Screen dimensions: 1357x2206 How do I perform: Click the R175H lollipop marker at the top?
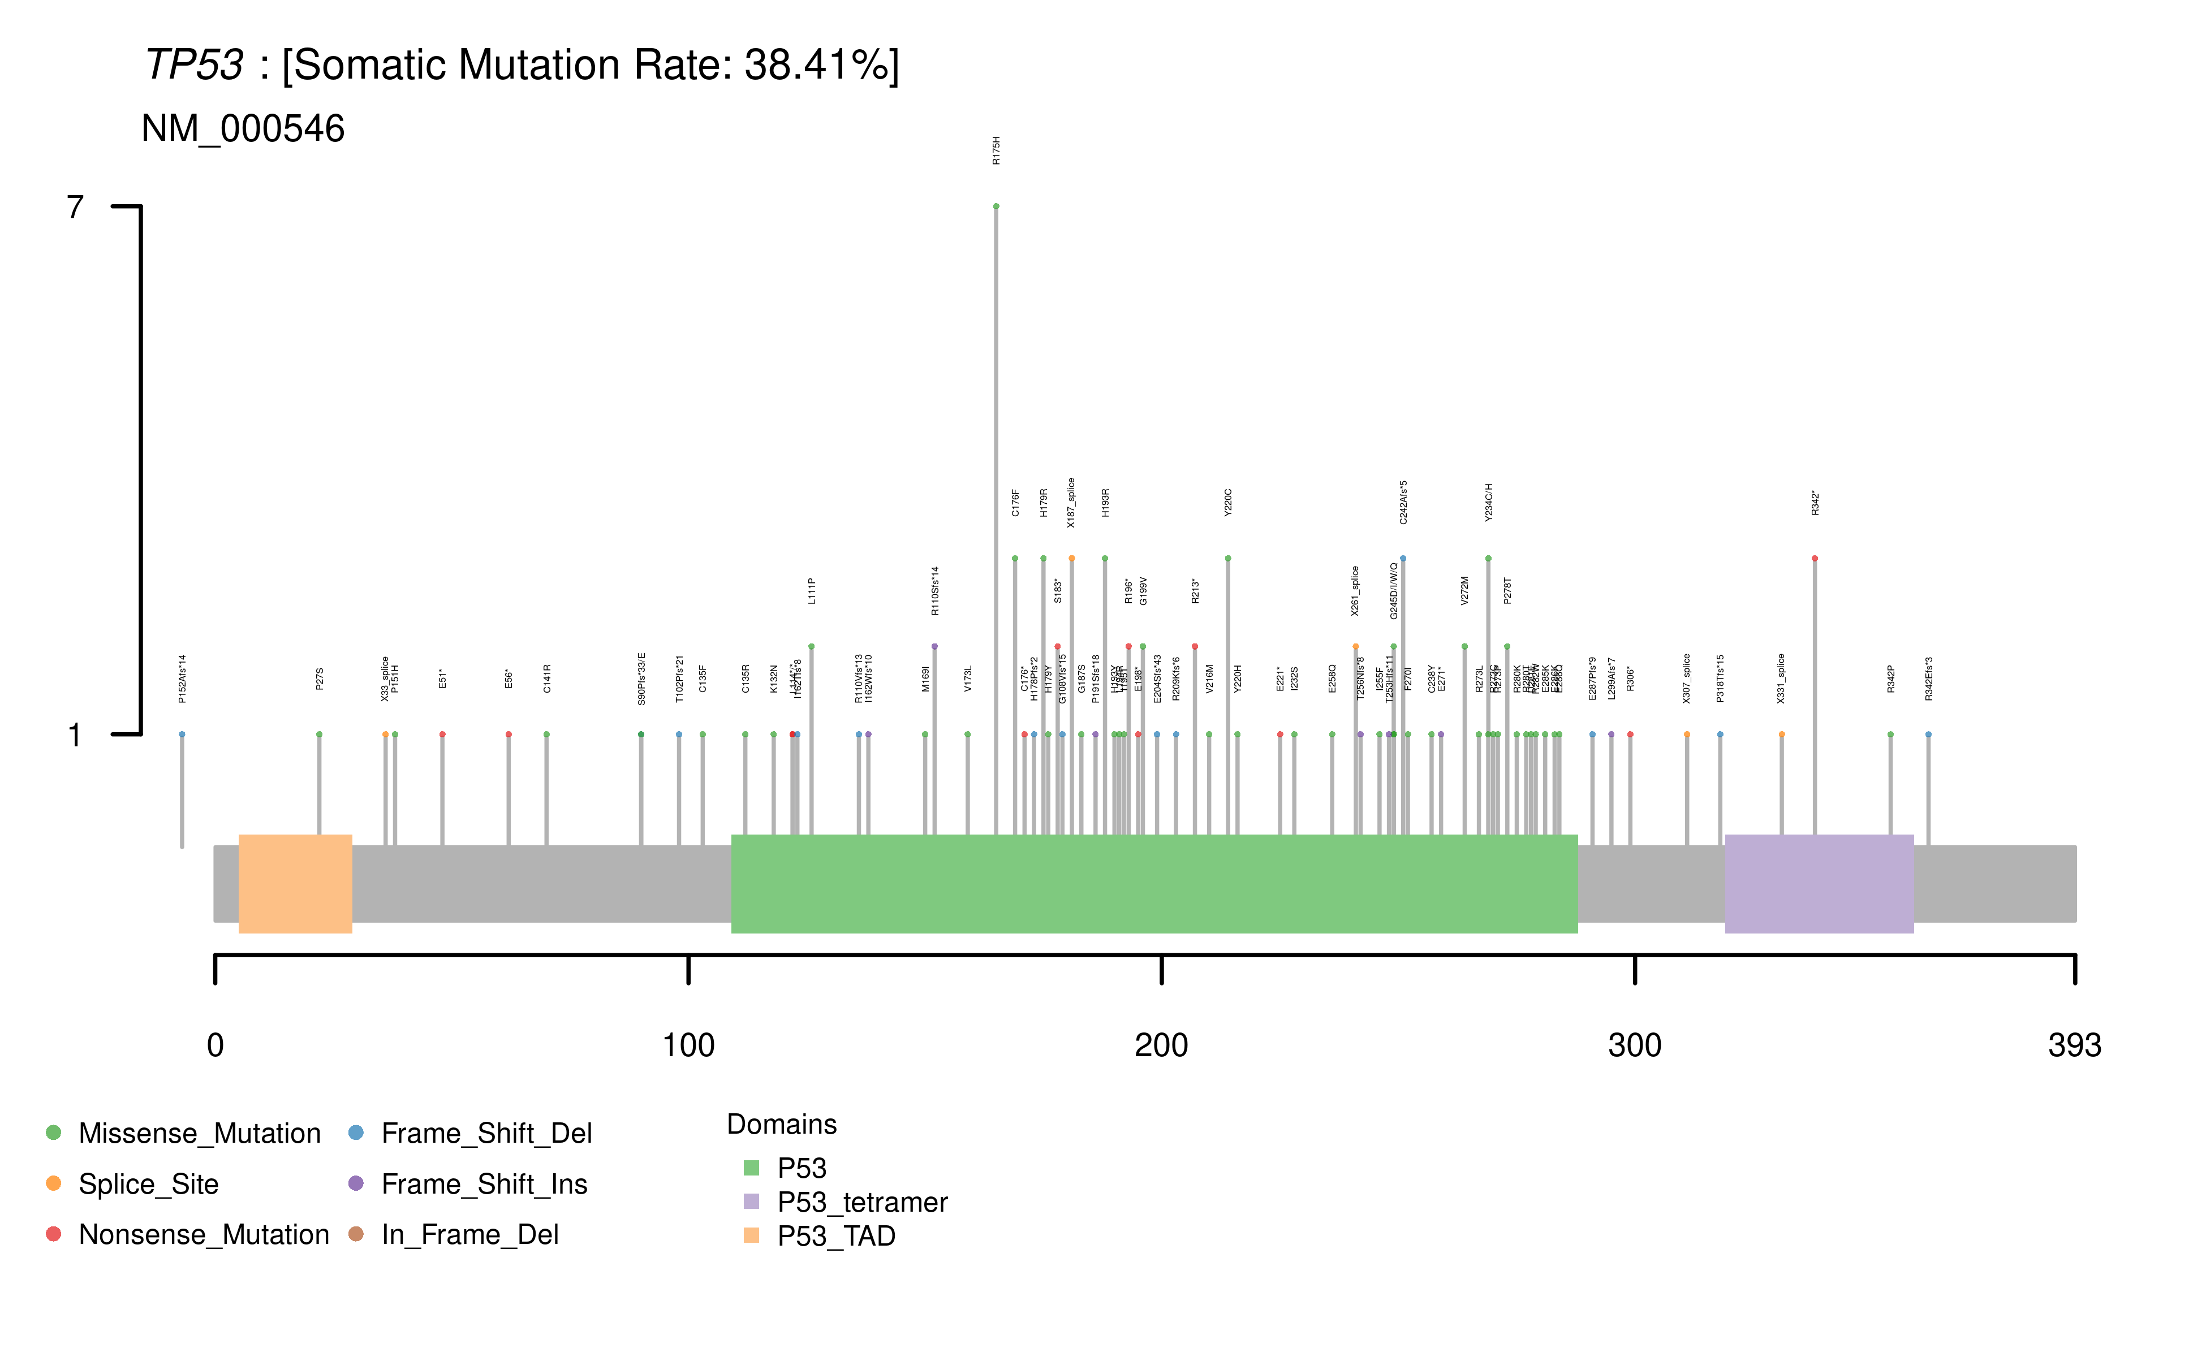click(996, 206)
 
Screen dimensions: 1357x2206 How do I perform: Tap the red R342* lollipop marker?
click(1815, 558)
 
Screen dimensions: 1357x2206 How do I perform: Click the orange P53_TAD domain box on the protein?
click(295, 883)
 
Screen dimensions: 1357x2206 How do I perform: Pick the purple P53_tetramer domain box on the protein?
click(1819, 883)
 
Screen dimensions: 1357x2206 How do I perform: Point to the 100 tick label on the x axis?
click(688, 1045)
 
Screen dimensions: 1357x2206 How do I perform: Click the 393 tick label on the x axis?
click(2074, 1045)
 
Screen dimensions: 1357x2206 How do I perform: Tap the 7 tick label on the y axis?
click(75, 208)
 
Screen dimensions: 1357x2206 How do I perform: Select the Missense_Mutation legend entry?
click(199, 1134)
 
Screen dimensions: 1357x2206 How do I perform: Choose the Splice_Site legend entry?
click(148, 1184)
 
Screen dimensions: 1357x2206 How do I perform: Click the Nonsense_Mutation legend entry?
click(203, 1235)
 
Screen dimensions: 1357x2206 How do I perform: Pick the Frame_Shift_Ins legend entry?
click(484, 1184)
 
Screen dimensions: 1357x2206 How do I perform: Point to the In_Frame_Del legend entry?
click(469, 1235)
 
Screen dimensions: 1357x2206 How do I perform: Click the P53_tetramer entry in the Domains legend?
click(862, 1202)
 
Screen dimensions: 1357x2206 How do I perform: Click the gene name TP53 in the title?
click(194, 64)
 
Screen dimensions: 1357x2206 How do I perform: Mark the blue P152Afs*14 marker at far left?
click(182, 734)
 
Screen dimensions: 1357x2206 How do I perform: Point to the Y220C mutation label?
click(1228, 503)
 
